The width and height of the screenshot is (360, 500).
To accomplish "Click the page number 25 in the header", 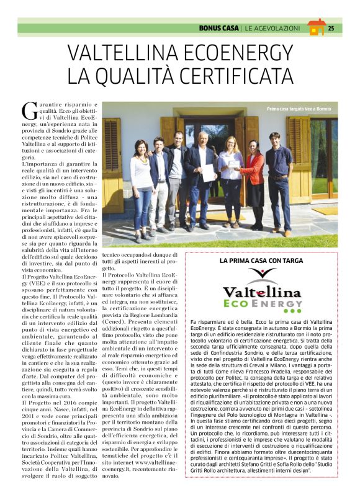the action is pos(331,28).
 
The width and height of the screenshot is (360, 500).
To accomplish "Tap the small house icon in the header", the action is pos(316,27).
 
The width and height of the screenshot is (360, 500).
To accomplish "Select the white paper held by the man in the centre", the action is pos(209,172).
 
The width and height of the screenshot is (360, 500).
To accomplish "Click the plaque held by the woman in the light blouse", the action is pos(234,164).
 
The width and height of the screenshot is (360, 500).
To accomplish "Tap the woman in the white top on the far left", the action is pos(142,186).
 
